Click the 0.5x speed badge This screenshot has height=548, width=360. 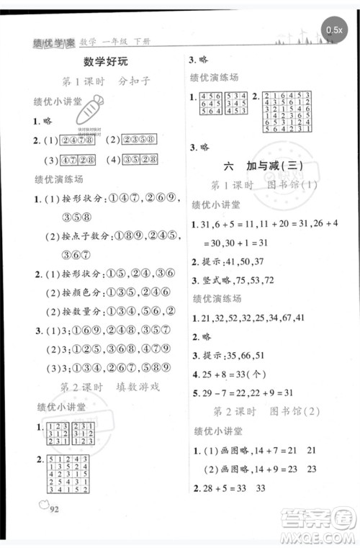tap(334, 30)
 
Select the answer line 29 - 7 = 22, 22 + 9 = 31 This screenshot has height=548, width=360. tap(245, 392)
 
